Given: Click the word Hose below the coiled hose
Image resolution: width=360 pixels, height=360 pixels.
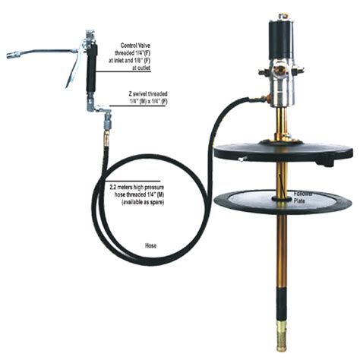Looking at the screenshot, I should point(150,246).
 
